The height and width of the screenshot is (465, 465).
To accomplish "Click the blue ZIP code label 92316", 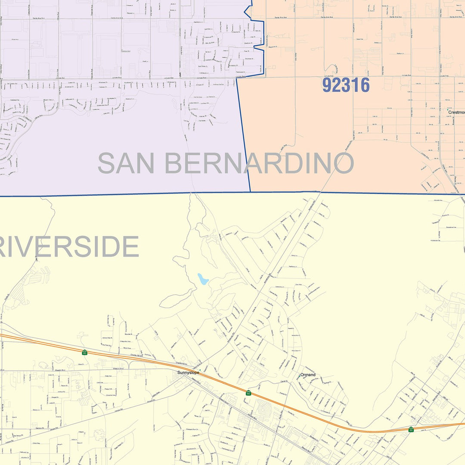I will pos(346,85).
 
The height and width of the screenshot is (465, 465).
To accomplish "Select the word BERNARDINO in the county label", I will pos(259,163).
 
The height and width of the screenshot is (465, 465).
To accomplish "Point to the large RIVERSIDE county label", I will pos(69,247).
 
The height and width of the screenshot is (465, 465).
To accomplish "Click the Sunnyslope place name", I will pos(189,372).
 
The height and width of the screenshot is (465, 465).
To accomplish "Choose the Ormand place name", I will pos(308,375).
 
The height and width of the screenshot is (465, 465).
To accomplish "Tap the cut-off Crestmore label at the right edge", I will pos(456,112).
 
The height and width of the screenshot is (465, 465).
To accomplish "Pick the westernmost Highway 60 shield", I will pos(85,353).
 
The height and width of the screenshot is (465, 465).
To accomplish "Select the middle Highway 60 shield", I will pos(248,393).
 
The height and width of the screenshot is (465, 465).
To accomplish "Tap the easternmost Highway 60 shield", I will pos(411,429).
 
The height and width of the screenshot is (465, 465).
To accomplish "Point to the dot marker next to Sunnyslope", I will pos(199,370).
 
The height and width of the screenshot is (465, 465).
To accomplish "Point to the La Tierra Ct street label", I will pos(211,97).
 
